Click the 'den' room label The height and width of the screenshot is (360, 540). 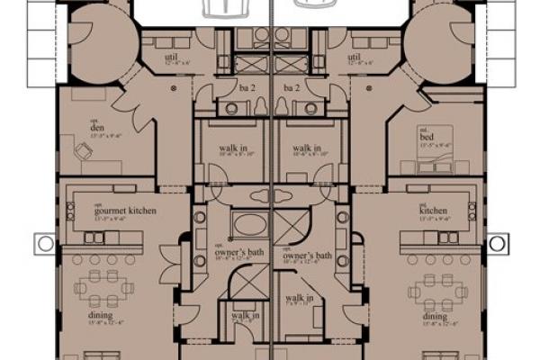[96, 128]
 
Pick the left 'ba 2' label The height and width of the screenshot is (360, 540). [248, 87]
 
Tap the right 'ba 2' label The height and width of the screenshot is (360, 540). [290, 87]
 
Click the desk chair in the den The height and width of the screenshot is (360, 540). [84, 154]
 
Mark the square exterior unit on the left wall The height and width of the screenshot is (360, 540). [44, 243]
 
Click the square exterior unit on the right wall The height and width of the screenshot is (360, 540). [497, 243]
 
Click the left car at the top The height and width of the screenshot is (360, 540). [225, 8]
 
